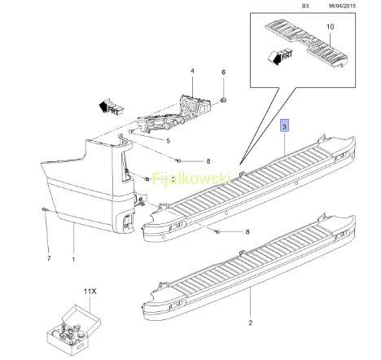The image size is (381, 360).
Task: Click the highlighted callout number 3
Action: pyautogui.click(x=284, y=126)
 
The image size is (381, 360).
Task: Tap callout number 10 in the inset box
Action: pyautogui.click(x=330, y=27)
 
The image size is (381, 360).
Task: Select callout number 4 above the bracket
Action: pyautogui.click(x=192, y=71)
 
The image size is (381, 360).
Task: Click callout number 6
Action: pyautogui.click(x=223, y=72)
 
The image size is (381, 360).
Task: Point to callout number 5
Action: pyautogui.click(x=169, y=141)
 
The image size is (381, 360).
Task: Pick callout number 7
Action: pyautogui.click(x=49, y=258)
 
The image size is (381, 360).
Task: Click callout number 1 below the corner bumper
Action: pyautogui.click(x=73, y=260)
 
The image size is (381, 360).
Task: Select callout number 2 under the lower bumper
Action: pyautogui.click(x=251, y=323)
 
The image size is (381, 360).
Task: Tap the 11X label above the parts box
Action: pyautogui.click(x=90, y=292)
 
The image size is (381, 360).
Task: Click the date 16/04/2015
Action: pyautogui.click(x=342, y=6)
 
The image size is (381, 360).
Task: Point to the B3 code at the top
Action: pyautogui.click(x=305, y=6)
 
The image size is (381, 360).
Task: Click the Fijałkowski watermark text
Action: pyautogui.click(x=191, y=178)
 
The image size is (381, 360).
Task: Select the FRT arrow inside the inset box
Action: pyautogui.click(x=280, y=56)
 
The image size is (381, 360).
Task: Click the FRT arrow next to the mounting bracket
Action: pyautogui.click(x=112, y=107)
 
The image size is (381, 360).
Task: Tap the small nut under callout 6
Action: pyautogui.click(x=223, y=100)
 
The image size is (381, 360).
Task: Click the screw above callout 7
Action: pyautogui.click(x=44, y=209)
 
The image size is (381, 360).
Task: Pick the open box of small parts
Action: pyautogui.click(x=74, y=330)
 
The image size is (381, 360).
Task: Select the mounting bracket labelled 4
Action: pyautogui.click(x=175, y=114)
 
